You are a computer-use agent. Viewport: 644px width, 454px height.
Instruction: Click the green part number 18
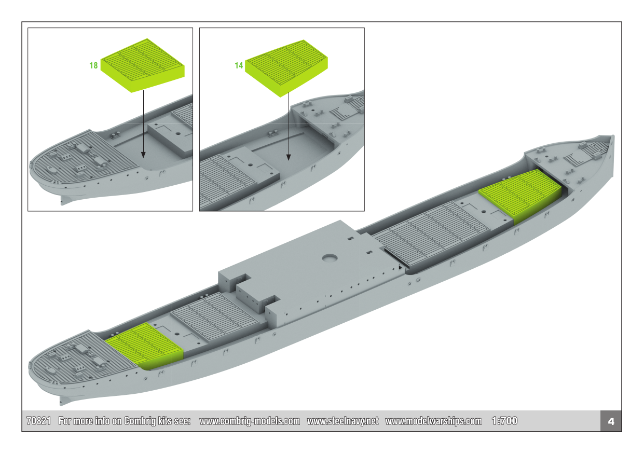pyautogui.click(x=93, y=65)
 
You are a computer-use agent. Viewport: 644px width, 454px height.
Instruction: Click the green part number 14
pyautogui.click(x=239, y=65)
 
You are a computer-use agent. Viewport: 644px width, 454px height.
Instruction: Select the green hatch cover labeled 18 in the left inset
pyautogui.click(x=143, y=65)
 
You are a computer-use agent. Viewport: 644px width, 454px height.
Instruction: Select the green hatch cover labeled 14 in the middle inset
pyautogui.click(x=286, y=68)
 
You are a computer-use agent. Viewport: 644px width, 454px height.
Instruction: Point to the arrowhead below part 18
pyautogui.click(x=143, y=155)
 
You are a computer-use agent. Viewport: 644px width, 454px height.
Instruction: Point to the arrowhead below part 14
pyautogui.click(x=289, y=157)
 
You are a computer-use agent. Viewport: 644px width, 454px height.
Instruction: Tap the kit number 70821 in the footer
pyautogui.click(x=38, y=421)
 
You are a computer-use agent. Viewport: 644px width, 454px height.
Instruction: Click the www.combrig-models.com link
pyautogui.click(x=250, y=421)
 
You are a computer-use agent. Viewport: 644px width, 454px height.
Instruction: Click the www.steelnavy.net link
pyautogui.click(x=342, y=421)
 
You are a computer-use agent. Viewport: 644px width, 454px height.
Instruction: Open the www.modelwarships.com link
pyautogui.click(x=433, y=421)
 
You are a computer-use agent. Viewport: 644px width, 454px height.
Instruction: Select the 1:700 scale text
pyautogui.click(x=504, y=421)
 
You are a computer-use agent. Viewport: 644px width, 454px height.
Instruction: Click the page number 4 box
pyautogui.click(x=611, y=421)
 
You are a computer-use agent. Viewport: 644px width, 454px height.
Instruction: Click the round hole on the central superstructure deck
pyautogui.click(x=330, y=258)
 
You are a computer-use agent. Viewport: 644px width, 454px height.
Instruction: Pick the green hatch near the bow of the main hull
pyautogui.click(x=520, y=196)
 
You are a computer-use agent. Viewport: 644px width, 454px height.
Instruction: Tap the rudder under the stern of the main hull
pyautogui.click(x=65, y=401)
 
